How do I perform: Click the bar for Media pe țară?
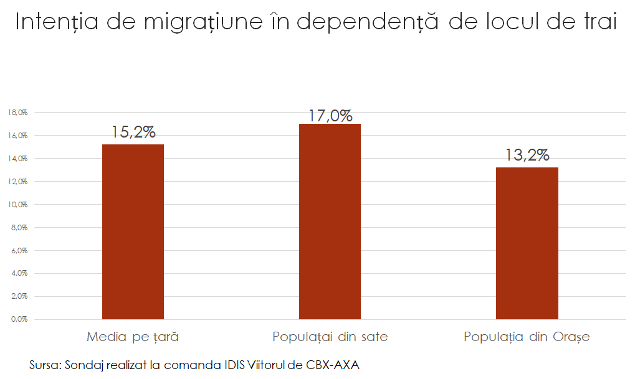point(133,232)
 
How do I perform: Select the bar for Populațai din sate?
point(330,222)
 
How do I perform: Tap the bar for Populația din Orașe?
point(527,243)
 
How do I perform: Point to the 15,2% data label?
point(133,132)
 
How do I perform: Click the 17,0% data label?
point(330,116)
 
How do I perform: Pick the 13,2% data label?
point(527,155)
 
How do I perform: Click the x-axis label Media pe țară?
point(133,337)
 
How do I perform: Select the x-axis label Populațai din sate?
point(330,337)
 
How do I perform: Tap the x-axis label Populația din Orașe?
point(527,337)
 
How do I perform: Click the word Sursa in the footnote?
point(44,365)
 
